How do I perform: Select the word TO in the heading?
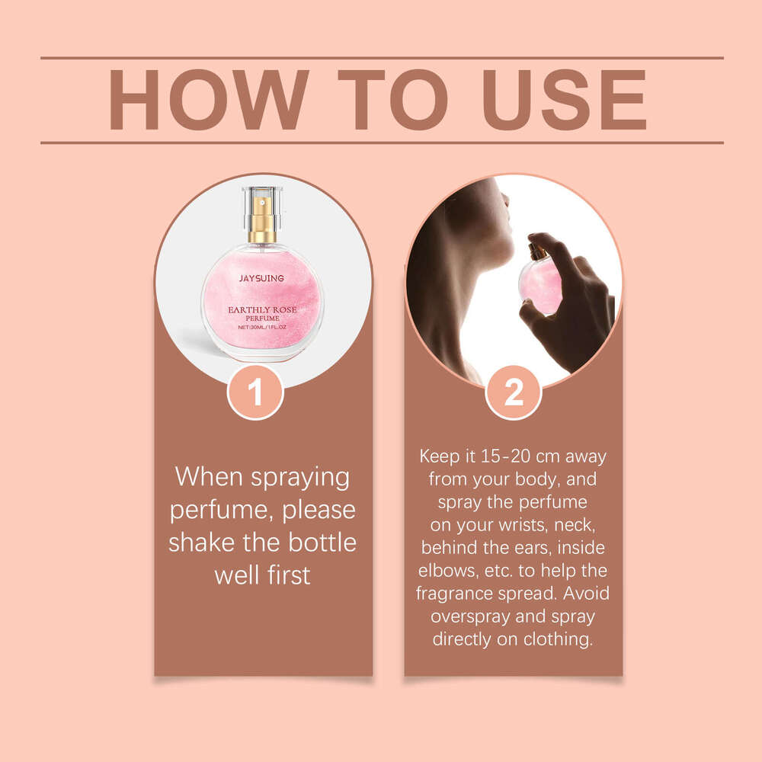click(x=391, y=100)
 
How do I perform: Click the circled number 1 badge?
click(x=255, y=392)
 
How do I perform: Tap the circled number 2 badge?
click(x=514, y=392)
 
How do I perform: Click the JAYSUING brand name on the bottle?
click(x=261, y=279)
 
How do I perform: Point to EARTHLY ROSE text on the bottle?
click(x=262, y=309)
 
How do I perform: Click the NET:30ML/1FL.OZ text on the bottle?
click(x=262, y=327)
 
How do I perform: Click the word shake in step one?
click(x=204, y=543)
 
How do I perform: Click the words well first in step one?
click(x=262, y=575)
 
